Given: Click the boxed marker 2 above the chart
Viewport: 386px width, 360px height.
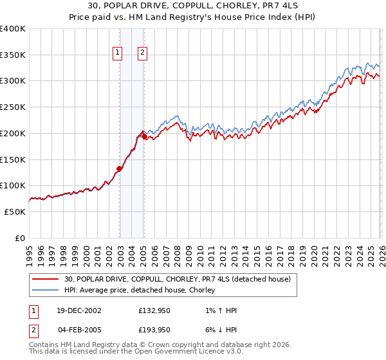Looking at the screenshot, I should (142, 54).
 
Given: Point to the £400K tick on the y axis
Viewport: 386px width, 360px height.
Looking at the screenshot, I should (13, 29).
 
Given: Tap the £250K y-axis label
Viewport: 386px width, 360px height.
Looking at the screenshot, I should (13, 107).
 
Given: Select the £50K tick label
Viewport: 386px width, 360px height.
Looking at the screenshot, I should (15, 212).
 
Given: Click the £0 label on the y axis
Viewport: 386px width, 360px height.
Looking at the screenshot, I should (21, 238).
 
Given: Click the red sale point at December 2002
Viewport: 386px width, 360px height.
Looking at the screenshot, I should (120, 169).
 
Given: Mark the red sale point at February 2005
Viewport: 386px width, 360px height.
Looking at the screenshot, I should (143, 136).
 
